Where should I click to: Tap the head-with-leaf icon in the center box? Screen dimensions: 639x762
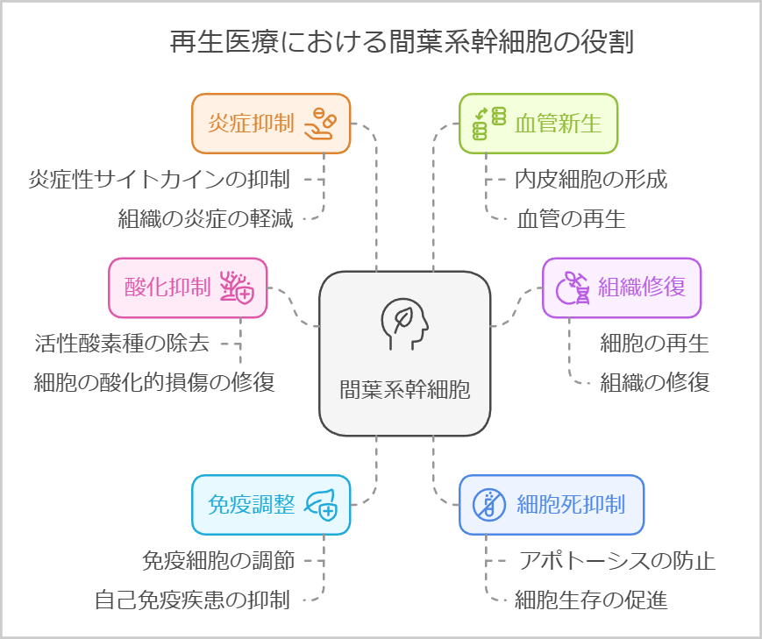pyautogui.click(x=404, y=323)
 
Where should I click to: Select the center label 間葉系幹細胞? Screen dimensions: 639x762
pyautogui.click(x=404, y=389)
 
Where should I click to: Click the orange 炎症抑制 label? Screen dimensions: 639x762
pyautogui.click(x=250, y=124)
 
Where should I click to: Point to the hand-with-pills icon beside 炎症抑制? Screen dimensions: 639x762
pyautogui.click(x=319, y=124)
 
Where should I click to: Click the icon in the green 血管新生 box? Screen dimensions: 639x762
pyautogui.click(x=489, y=124)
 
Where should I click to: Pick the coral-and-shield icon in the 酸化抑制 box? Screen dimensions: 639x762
pyautogui.click(x=236, y=288)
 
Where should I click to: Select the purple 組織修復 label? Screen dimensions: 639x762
pyautogui.click(x=641, y=287)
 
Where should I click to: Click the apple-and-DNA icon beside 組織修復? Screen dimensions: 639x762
pyautogui.click(x=573, y=288)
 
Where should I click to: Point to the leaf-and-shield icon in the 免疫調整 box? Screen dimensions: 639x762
pyautogui.click(x=319, y=505)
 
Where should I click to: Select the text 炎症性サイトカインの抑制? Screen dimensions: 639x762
pyautogui.click(x=159, y=180)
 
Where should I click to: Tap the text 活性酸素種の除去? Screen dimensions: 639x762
pyautogui.click(x=122, y=343)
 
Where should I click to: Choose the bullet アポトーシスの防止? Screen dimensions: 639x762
pyautogui.click(x=616, y=560)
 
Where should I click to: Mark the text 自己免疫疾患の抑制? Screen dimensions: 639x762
pyautogui.click(x=192, y=600)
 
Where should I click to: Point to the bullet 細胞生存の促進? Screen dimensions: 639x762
pyautogui.click(x=590, y=600)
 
